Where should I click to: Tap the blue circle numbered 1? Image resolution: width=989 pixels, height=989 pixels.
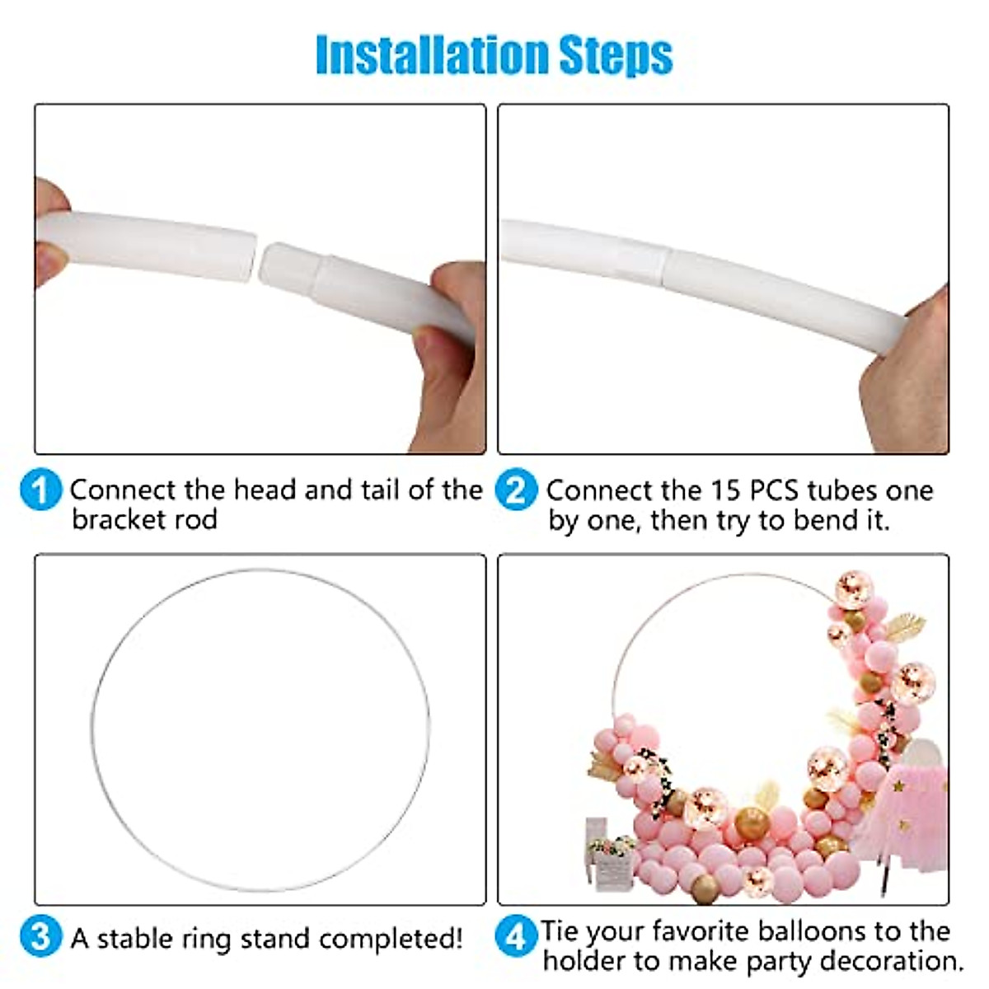[40, 490]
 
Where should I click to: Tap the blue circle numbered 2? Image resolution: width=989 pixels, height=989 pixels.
[516, 490]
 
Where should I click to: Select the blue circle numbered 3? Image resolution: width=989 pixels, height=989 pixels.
[40, 937]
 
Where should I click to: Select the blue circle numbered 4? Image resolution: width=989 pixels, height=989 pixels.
[516, 937]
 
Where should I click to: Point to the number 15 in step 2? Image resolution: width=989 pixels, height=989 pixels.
[726, 490]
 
